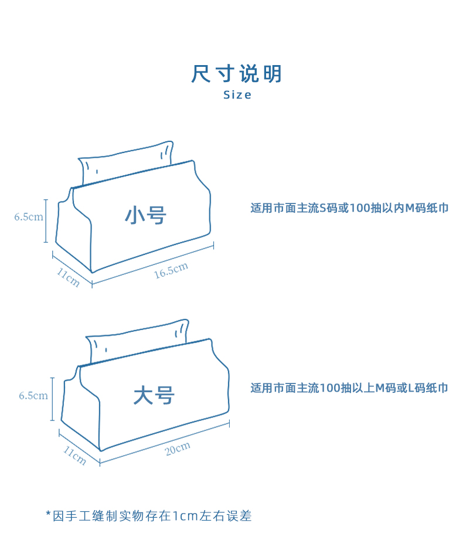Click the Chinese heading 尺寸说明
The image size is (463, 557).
click(x=237, y=74)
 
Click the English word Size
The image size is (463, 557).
click(x=237, y=95)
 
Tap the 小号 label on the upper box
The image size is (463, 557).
click(x=146, y=215)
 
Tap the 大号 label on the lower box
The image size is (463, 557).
click(x=154, y=395)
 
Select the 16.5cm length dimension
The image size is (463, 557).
click(x=171, y=270)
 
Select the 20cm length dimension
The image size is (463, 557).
click(x=178, y=449)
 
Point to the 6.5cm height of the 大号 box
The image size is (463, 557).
click(x=33, y=396)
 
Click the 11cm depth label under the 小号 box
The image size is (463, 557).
click(x=68, y=277)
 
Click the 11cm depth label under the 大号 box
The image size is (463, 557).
click(x=75, y=456)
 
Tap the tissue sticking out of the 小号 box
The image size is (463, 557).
click(x=126, y=161)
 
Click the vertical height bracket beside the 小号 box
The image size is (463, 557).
click(x=45, y=220)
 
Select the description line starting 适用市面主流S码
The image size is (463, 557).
click(x=349, y=208)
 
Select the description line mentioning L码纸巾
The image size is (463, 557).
click(x=349, y=388)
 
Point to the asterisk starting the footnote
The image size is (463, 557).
click(x=49, y=514)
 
